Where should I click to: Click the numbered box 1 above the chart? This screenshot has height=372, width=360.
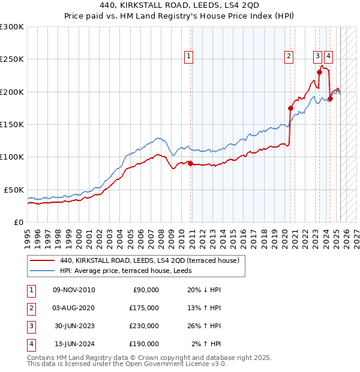coord(188,56)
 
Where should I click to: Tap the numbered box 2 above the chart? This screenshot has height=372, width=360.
coord(289,56)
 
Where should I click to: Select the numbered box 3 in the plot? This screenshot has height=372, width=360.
coord(317,56)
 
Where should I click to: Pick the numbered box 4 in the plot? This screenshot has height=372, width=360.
coord(329,56)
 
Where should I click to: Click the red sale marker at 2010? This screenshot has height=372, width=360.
coord(191,163)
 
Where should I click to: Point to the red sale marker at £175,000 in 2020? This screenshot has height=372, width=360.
coord(290,109)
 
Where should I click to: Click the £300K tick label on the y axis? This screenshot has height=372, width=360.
coord(11,27)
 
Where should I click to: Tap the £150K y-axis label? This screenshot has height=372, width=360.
coord(11,124)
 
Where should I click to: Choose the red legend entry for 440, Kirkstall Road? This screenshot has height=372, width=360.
coord(149,260)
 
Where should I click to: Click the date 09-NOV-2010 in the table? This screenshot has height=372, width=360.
coord(74,290)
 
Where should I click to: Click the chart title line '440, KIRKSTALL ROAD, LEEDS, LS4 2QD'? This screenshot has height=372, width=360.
coord(179,7)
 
